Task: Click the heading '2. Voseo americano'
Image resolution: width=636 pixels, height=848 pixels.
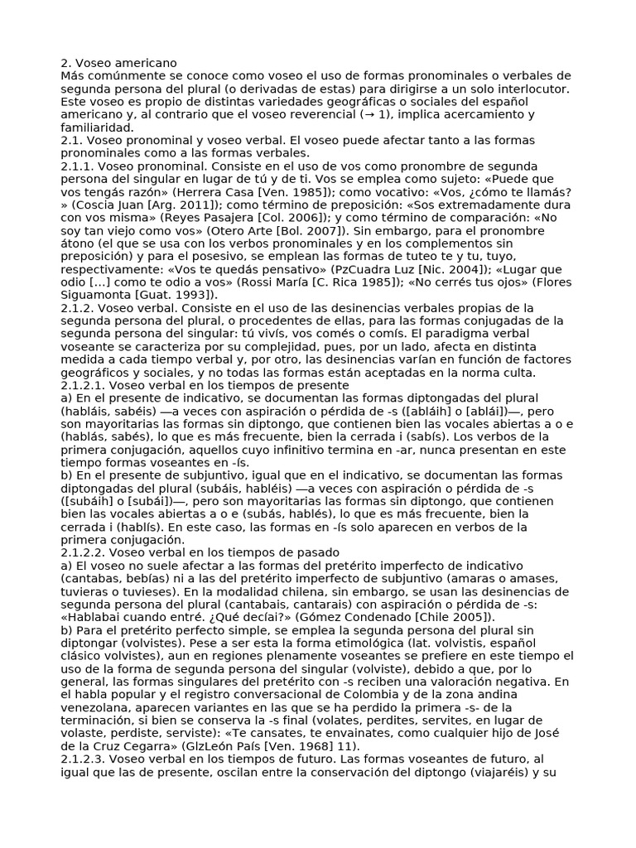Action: point(118,63)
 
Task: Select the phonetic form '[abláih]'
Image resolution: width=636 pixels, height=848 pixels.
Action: point(450,411)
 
